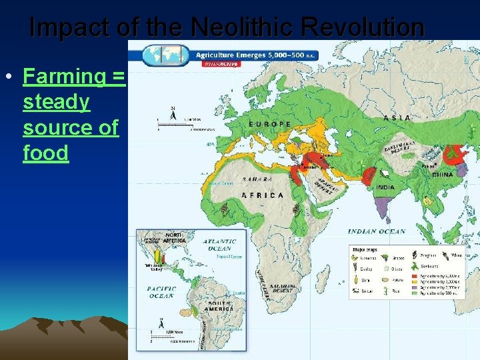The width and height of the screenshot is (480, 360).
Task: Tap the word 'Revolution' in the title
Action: point(362,28)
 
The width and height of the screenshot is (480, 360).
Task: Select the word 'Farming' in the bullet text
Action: point(63,76)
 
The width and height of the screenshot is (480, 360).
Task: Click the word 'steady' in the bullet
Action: point(56,102)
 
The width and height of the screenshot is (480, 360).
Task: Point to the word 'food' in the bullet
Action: point(46,153)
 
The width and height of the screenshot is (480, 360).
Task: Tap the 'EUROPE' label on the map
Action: point(269,124)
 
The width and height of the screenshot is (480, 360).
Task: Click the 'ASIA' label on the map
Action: point(397,118)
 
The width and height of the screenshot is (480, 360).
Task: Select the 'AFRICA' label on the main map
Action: point(263,195)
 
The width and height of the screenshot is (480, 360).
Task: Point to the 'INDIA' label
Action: point(385,188)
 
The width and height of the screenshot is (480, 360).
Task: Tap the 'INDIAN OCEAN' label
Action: point(377,231)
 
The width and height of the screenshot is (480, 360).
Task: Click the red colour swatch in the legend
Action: point(416,275)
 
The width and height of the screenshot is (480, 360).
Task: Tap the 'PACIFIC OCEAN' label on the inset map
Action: point(161,292)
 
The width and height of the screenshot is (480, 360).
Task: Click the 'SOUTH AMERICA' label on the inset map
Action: point(219,305)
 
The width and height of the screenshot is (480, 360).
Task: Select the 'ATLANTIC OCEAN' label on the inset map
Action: point(220,245)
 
